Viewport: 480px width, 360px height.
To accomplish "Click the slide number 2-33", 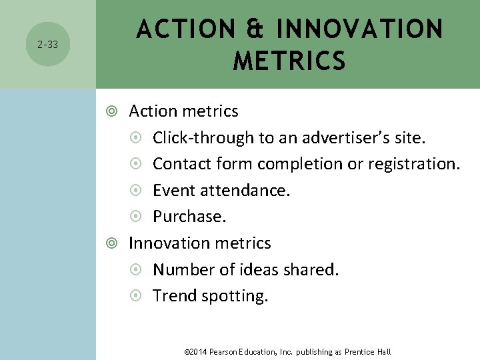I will [x=47, y=45].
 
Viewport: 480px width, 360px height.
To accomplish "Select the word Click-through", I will [x=203, y=138].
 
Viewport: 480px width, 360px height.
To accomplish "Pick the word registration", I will [x=417, y=164].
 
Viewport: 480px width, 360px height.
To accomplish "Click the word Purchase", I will [x=189, y=217].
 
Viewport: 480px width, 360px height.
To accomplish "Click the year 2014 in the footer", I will [x=198, y=351].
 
